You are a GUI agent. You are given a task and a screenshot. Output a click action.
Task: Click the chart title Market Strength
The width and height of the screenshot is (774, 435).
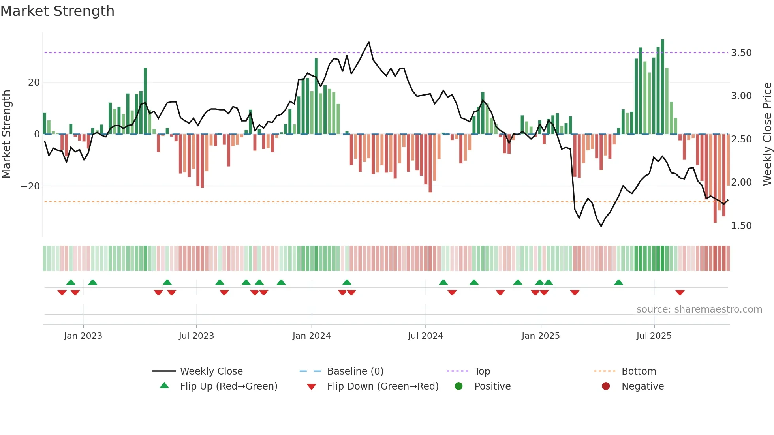(x=57, y=11)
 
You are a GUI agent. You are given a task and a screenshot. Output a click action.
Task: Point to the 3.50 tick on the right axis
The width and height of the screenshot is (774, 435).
(x=741, y=53)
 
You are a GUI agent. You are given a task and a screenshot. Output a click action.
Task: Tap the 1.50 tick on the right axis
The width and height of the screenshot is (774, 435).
(x=741, y=226)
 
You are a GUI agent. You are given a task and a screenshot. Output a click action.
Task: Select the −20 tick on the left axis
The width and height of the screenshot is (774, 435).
(x=30, y=186)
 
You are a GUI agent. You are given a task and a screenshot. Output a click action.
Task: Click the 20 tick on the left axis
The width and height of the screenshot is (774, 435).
(x=34, y=82)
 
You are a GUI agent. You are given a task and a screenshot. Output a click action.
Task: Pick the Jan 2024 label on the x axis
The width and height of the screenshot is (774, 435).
(x=311, y=336)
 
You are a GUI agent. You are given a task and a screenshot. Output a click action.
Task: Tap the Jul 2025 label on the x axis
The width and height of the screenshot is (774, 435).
(x=654, y=336)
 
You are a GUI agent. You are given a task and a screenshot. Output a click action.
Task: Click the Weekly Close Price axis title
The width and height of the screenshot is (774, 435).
(x=767, y=134)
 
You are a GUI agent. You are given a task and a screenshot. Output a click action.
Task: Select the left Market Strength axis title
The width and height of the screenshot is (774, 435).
(x=6, y=134)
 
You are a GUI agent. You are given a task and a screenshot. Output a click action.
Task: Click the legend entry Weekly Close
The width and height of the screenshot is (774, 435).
(x=211, y=371)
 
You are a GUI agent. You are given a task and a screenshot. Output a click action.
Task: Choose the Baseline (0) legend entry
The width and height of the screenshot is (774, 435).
(x=355, y=371)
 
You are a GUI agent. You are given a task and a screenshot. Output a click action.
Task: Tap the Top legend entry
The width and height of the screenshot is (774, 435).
(x=482, y=371)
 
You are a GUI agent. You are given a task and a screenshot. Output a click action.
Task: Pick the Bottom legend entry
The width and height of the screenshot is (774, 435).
(x=638, y=371)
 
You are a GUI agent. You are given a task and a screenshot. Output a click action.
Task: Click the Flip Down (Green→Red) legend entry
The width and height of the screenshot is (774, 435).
(x=382, y=386)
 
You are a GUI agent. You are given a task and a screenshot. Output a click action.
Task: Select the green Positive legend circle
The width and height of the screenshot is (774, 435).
(x=458, y=386)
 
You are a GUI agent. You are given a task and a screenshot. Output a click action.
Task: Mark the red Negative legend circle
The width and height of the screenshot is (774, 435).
(x=605, y=386)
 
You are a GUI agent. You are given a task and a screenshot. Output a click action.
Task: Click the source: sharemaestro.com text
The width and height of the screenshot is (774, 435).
(x=699, y=309)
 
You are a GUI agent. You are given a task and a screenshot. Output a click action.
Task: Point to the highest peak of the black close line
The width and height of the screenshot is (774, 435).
(x=369, y=42)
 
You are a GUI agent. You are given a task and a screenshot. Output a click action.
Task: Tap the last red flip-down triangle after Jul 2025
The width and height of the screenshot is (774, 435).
(x=680, y=292)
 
